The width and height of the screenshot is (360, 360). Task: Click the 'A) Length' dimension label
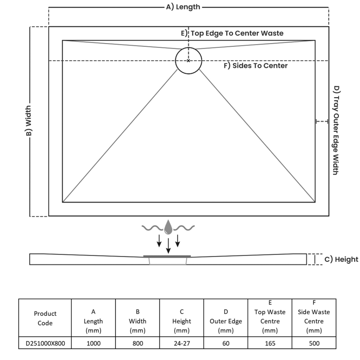click(x=183, y=7)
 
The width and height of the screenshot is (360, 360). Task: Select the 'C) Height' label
click(x=341, y=259)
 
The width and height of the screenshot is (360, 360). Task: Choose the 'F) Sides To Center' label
click(x=256, y=66)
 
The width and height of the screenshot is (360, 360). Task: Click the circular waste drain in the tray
click(x=189, y=60)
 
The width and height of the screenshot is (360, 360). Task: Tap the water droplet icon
click(x=168, y=227)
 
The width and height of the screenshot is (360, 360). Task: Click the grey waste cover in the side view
click(x=167, y=256)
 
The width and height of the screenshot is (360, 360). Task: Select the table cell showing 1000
click(x=94, y=343)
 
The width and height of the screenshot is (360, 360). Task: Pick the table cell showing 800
click(x=138, y=343)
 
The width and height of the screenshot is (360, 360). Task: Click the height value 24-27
click(x=181, y=343)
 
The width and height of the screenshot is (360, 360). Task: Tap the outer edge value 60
click(x=225, y=343)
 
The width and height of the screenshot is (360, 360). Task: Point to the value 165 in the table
click(x=270, y=343)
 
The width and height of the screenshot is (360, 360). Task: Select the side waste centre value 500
click(x=314, y=343)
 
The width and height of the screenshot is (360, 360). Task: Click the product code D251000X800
click(x=45, y=343)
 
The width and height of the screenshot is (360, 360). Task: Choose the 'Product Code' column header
click(x=45, y=318)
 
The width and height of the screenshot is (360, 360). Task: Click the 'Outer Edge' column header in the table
click(x=225, y=321)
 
